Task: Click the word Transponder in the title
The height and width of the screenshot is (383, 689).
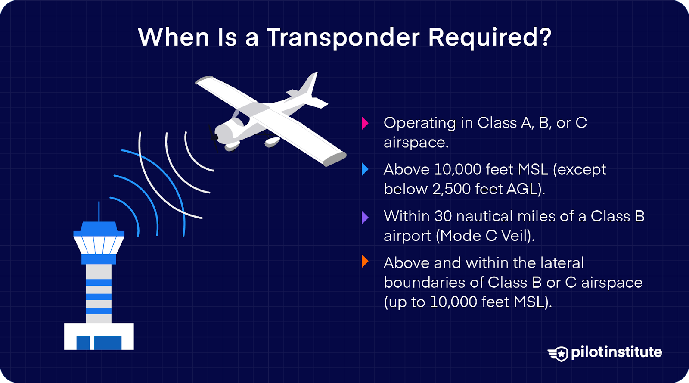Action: (x=343, y=38)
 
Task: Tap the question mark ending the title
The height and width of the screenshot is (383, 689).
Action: (x=546, y=37)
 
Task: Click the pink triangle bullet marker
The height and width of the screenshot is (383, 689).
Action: (x=365, y=123)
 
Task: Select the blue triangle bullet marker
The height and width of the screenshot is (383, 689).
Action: (x=365, y=169)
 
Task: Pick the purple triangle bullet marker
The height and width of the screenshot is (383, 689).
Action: (x=365, y=217)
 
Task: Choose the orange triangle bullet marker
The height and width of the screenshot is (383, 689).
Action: (x=365, y=261)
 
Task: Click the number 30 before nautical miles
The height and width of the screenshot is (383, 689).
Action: (x=443, y=216)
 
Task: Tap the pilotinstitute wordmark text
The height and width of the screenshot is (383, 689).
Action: (x=616, y=352)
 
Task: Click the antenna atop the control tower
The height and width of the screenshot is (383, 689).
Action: (x=99, y=211)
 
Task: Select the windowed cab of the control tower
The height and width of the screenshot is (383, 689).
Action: (x=99, y=244)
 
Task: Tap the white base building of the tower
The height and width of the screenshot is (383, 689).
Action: (x=99, y=336)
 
